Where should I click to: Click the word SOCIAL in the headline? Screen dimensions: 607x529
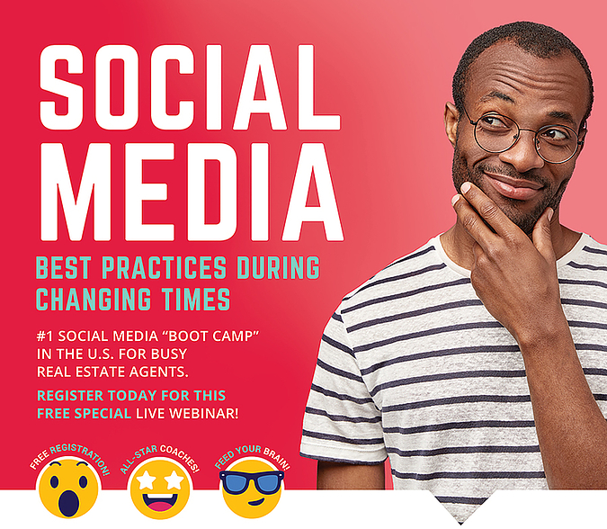[x=190, y=87]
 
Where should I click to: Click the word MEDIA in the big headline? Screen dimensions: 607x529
[x=192, y=192]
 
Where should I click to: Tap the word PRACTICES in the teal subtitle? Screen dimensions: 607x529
[x=164, y=267]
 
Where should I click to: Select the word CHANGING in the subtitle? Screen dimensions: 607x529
[x=94, y=299]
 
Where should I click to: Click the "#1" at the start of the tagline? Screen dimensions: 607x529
[x=45, y=336]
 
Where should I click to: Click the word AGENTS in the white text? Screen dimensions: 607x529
[x=158, y=372]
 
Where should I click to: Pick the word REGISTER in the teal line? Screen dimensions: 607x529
[x=70, y=395]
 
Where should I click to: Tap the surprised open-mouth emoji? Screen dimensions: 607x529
[x=69, y=488]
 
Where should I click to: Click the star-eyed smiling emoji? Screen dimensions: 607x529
[x=160, y=489]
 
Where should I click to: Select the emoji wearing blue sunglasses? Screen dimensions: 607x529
[x=252, y=489]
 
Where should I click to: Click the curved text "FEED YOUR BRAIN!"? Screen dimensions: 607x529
[x=252, y=455]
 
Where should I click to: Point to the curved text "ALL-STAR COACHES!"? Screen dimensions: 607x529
[x=160, y=457]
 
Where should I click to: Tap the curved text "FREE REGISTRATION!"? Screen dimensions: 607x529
[x=69, y=457]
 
